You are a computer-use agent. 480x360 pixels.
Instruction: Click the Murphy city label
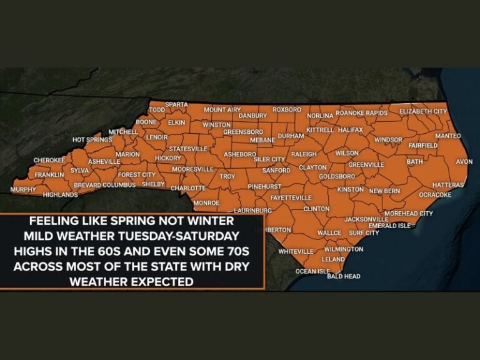(x=24, y=189)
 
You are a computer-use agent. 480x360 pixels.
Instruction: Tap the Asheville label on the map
(x=104, y=161)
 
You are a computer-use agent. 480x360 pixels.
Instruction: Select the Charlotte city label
(x=188, y=187)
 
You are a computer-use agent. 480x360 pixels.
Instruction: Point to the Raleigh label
(x=304, y=154)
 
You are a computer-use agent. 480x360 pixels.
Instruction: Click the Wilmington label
(x=344, y=249)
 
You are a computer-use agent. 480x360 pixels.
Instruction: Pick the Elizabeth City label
(x=423, y=111)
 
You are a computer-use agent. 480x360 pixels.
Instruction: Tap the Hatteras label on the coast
(x=448, y=185)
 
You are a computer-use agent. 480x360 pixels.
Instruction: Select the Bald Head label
(x=344, y=276)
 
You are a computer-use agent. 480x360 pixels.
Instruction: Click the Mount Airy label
(x=222, y=109)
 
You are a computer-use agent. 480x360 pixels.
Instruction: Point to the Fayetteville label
(x=291, y=197)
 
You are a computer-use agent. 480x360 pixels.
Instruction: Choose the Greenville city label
(x=366, y=164)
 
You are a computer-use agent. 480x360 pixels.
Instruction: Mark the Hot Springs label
(x=92, y=139)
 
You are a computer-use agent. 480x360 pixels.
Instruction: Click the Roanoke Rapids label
(x=361, y=113)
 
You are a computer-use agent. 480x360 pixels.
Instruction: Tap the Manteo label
(x=447, y=136)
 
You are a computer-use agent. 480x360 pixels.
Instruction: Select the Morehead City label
(x=408, y=213)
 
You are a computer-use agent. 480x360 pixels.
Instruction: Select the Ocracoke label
(x=435, y=194)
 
